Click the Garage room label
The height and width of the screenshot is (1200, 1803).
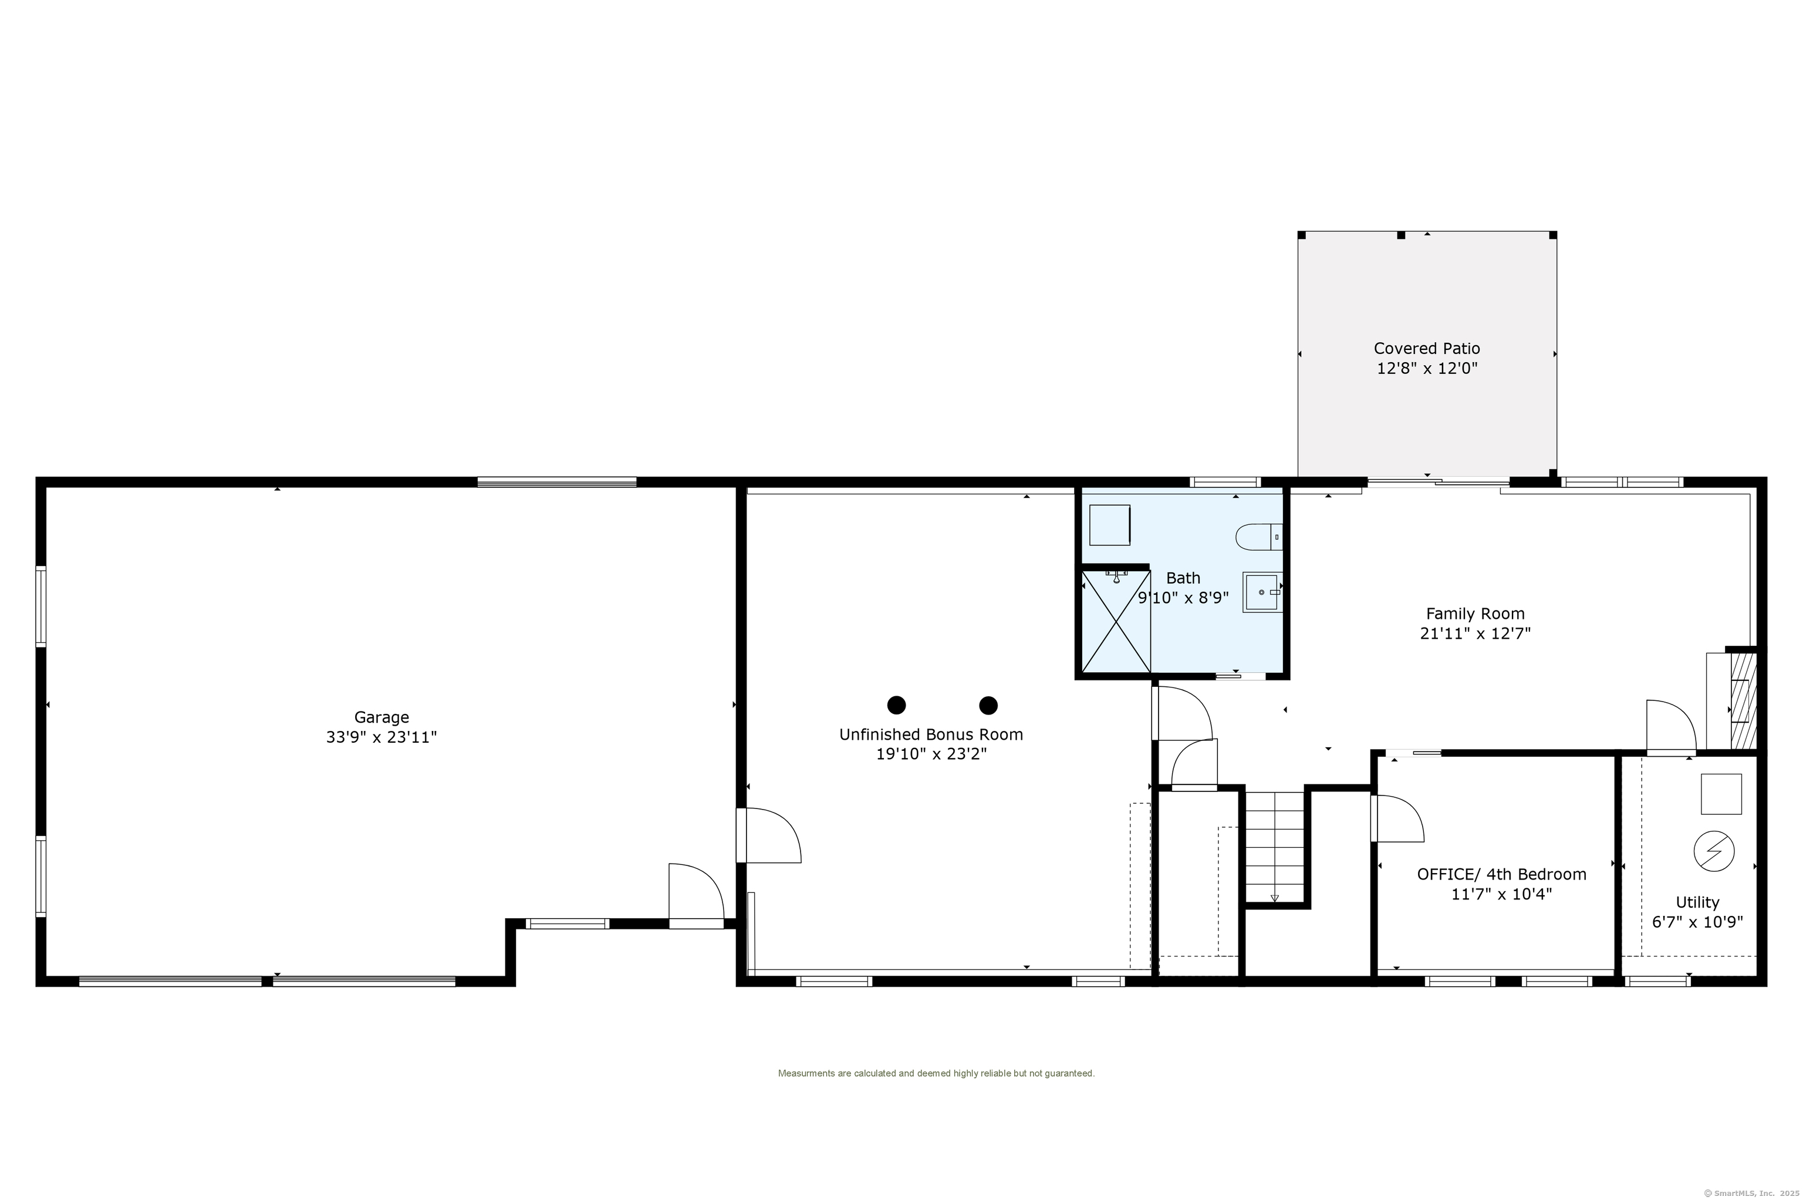pos(381,717)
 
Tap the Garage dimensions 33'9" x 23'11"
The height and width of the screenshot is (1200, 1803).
pos(381,737)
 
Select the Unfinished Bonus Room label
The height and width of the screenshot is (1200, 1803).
pos(931,734)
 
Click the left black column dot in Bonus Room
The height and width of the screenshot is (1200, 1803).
pos(897,705)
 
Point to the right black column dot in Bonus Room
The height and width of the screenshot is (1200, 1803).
pos(988,705)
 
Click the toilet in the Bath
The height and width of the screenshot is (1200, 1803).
pos(1258,537)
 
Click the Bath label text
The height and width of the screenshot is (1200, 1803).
pos(1183,578)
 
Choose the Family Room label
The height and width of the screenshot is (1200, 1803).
pos(1475,614)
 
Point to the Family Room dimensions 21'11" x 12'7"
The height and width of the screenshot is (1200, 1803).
pos(1475,633)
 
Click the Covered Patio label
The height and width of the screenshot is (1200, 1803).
pos(1427,348)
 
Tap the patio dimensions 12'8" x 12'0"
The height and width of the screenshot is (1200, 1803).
pos(1427,368)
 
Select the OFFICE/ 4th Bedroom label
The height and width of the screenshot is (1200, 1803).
pos(1501,874)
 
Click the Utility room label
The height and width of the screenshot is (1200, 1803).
pos(1697,902)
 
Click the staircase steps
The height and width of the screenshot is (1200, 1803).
pos(1274,847)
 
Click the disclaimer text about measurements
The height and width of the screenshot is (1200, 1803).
pos(936,1073)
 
